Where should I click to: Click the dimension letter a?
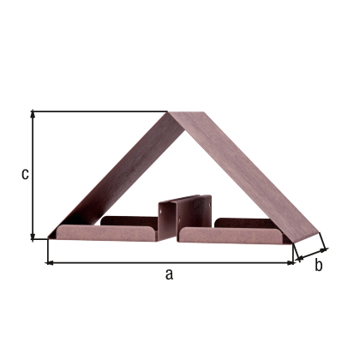click(x=169, y=274)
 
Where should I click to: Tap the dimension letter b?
click(x=317, y=265)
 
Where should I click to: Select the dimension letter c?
click(x=26, y=174)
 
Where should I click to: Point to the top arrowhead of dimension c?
click(x=33, y=114)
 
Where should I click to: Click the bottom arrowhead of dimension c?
click(x=33, y=235)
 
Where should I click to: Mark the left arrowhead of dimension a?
click(x=50, y=261)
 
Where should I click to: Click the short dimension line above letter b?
click(x=309, y=252)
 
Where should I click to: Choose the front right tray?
click(x=231, y=234)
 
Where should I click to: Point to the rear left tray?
click(x=129, y=220)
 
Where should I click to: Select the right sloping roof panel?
click(x=249, y=176)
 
